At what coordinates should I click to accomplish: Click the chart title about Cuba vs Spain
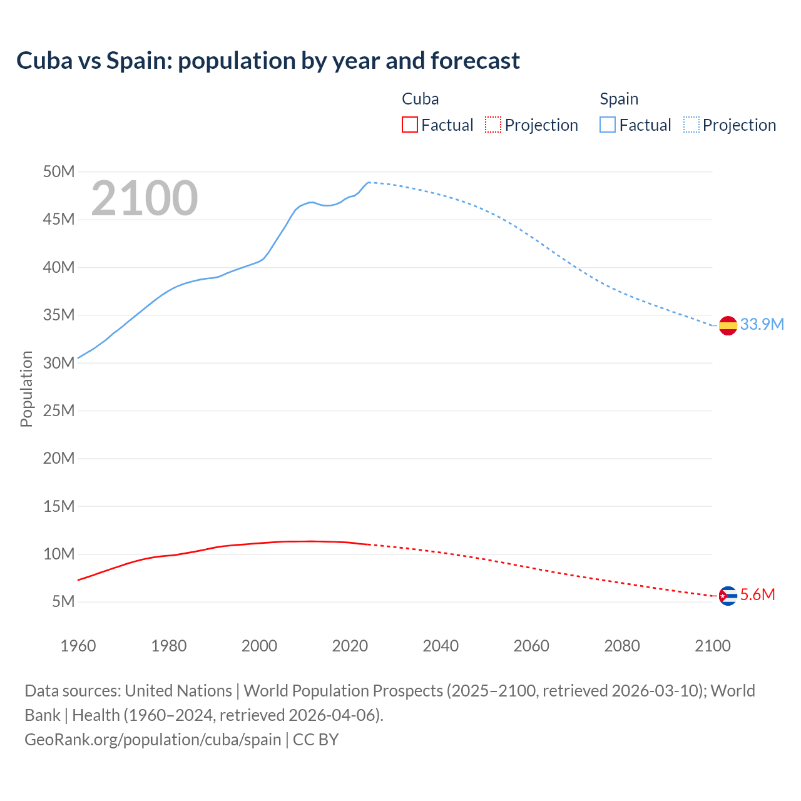click(x=268, y=61)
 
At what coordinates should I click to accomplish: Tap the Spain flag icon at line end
click(x=728, y=325)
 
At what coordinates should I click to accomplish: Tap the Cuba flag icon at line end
click(x=728, y=596)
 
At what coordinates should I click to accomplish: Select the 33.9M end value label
click(x=762, y=324)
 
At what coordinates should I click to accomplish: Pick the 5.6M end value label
click(x=757, y=594)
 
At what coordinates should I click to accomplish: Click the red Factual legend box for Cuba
click(x=409, y=125)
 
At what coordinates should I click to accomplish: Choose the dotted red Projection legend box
click(x=493, y=125)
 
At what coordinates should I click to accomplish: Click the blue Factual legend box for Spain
click(x=608, y=125)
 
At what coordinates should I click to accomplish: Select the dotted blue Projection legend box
click(x=691, y=125)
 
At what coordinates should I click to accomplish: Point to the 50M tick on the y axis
click(x=59, y=171)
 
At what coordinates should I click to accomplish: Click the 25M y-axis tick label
click(x=59, y=411)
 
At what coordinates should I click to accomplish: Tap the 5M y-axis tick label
click(x=63, y=601)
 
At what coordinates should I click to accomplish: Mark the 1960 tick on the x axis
click(x=78, y=646)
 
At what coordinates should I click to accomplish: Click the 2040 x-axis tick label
click(x=441, y=646)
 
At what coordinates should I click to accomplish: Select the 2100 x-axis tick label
click(x=713, y=646)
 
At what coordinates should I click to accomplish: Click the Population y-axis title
click(x=26, y=389)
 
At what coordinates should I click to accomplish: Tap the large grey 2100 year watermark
click(x=145, y=198)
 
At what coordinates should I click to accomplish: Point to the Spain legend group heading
click(x=619, y=99)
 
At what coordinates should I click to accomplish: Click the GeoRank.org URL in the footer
click(x=153, y=739)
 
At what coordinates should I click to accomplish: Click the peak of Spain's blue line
click(x=369, y=182)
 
